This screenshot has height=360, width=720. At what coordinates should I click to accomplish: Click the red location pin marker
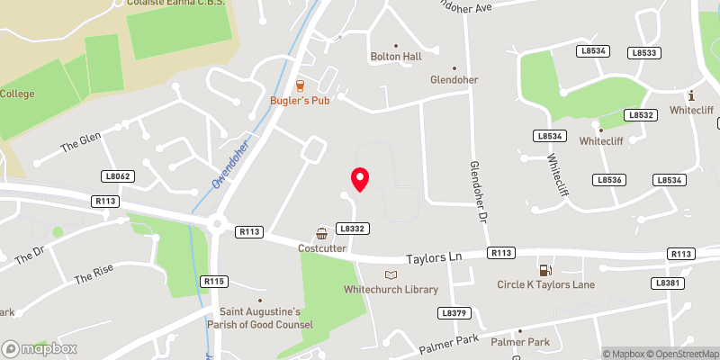(x=360, y=178)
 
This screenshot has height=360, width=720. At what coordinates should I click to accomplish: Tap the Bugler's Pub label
(x=300, y=100)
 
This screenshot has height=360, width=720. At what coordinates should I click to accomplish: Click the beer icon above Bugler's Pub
(x=300, y=85)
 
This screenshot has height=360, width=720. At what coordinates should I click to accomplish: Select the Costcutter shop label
(x=323, y=247)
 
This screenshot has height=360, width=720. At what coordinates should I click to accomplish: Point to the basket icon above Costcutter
(x=321, y=233)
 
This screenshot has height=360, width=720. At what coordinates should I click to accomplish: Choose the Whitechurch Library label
(x=391, y=289)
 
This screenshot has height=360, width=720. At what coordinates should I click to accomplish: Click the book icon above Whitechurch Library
(x=390, y=274)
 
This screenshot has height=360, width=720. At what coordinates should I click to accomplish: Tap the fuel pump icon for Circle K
(x=544, y=270)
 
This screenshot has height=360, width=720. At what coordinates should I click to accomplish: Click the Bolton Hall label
(x=396, y=57)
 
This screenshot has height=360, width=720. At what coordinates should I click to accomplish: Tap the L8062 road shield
(x=118, y=176)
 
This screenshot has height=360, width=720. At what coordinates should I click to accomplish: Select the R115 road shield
(x=214, y=282)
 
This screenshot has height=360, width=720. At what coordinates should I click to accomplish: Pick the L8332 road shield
(x=352, y=229)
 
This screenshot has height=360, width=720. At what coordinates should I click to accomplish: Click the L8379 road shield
(x=453, y=313)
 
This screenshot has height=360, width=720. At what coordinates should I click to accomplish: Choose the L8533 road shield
(x=644, y=53)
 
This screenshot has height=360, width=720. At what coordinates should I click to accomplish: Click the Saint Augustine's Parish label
(x=262, y=318)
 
